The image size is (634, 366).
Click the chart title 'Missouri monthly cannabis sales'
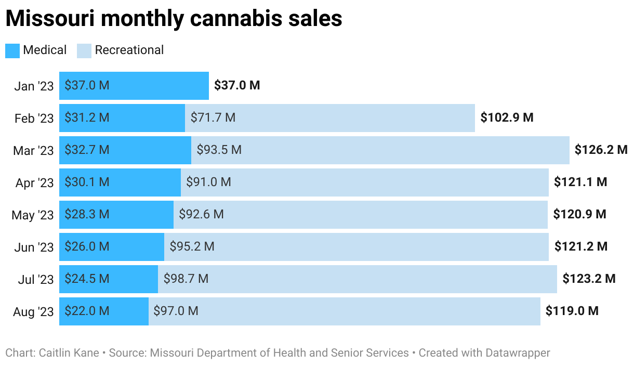point(174,19)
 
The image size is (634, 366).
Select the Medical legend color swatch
point(12,50)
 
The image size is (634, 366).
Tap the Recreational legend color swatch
point(84,50)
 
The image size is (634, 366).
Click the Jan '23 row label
point(34,86)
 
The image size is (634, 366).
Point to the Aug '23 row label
point(33,312)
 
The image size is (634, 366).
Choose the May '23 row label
point(33,215)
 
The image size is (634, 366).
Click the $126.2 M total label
point(601,150)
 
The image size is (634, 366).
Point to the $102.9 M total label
point(507,118)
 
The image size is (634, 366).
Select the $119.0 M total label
point(572,311)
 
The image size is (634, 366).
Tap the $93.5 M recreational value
point(219,150)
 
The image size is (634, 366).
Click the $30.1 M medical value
point(87,182)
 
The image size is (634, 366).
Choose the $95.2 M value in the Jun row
point(192,247)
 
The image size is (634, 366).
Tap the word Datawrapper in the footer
point(518,353)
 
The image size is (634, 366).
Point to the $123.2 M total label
point(589,279)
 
